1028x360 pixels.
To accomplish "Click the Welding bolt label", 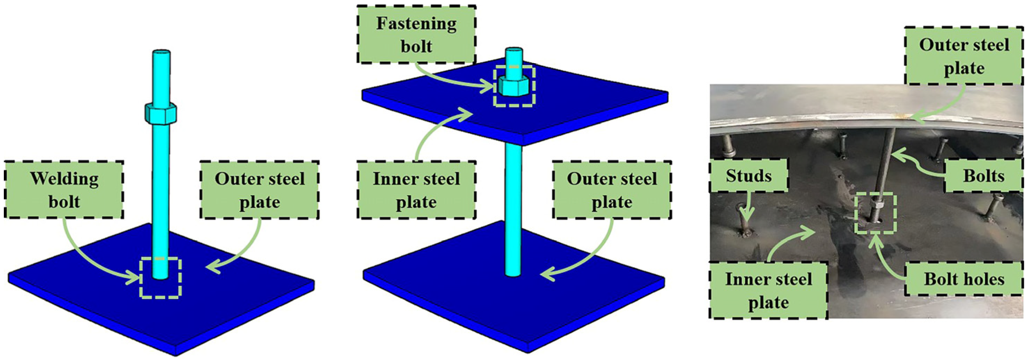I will point(64,190).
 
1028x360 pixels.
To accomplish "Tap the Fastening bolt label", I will point(416,35).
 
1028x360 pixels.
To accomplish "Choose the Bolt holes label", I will point(964,279).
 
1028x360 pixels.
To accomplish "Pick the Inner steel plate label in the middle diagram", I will point(416,190).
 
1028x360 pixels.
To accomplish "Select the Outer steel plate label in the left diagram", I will point(259,190).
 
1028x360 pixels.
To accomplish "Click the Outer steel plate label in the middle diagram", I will point(612,190).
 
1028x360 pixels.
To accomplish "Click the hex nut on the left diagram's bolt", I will point(161,114).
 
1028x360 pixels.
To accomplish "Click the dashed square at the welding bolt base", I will point(161,278).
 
